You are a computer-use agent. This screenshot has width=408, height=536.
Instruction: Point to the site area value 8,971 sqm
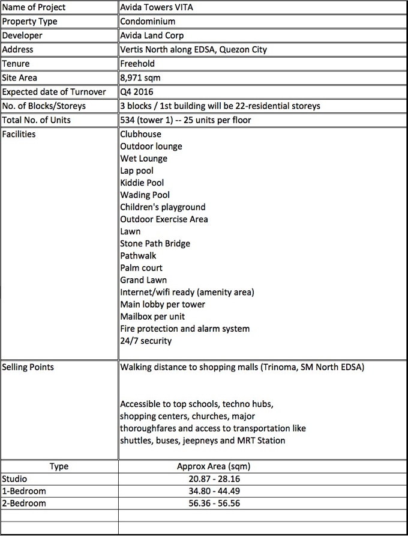(x=140, y=78)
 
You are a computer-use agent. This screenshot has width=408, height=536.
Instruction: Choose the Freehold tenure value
(x=137, y=63)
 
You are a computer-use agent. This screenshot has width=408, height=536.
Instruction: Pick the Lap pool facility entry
(x=137, y=171)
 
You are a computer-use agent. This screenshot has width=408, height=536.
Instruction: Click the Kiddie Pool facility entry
(x=142, y=183)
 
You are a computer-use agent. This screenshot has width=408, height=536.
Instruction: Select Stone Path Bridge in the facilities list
(x=155, y=243)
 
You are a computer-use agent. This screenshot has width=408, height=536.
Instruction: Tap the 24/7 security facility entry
(x=146, y=341)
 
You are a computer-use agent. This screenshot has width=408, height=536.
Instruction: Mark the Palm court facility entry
(x=141, y=268)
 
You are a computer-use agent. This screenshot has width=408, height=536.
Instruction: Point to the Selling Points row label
(x=28, y=367)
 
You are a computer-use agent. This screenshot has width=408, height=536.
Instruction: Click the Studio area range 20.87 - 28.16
(x=213, y=479)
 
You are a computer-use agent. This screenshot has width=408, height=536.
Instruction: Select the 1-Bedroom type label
(x=24, y=491)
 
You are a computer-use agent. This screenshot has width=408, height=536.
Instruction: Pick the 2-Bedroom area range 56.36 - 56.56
(x=213, y=503)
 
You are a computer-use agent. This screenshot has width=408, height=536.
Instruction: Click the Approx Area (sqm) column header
(x=213, y=466)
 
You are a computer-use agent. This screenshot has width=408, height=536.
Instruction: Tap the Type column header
(x=59, y=466)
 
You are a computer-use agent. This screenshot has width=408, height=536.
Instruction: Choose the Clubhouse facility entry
(x=140, y=134)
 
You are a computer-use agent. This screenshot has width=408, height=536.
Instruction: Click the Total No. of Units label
(x=37, y=120)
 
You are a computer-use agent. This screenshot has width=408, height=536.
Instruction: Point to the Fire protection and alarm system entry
(x=185, y=329)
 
